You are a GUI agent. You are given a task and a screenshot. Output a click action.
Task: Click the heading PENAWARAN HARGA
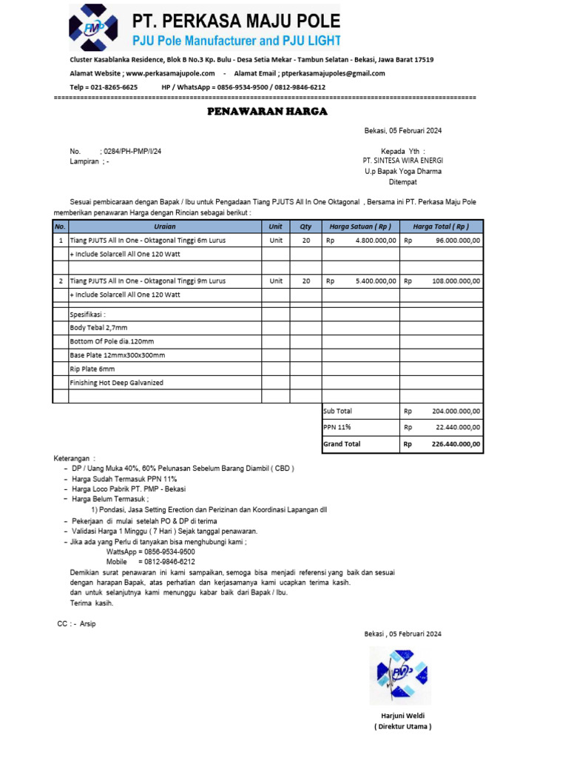pos(266,112)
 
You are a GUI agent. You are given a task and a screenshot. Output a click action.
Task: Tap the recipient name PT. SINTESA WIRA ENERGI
pos(402,160)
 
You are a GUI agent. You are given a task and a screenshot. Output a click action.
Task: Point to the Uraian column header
pos(164,227)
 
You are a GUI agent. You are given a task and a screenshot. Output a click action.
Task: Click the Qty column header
pos(305,227)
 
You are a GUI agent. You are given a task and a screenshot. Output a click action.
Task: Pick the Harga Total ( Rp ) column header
pos(442,227)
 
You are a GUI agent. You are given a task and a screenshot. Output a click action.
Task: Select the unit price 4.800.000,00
pos(376,241)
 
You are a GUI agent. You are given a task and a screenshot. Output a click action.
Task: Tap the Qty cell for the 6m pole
pos(305,241)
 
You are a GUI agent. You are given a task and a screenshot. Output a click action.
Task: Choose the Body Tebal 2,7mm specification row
pos(98,327)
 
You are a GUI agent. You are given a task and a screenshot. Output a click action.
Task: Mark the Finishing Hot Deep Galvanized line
pos(116,383)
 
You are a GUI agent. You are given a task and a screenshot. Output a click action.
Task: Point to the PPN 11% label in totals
pos(337,427)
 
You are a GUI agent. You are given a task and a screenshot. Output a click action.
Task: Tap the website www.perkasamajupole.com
pos(170,73)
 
